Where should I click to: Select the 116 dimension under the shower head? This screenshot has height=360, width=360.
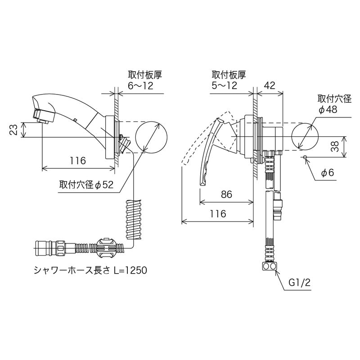pyautogui.click(x=78, y=161)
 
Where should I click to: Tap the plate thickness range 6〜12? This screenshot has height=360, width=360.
pyautogui.click(x=141, y=86)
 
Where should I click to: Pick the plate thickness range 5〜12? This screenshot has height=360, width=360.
pyautogui.click(x=225, y=86)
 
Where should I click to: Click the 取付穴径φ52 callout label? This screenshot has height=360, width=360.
pyautogui.click(x=86, y=185)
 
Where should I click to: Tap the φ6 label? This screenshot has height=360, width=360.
pyautogui.click(x=328, y=173)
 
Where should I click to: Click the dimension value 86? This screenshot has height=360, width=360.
pyautogui.click(x=226, y=194)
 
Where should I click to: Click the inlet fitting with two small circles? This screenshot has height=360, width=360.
pyautogui.click(x=269, y=266)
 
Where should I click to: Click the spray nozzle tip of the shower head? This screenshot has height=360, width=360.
pyautogui.click(x=41, y=117)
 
